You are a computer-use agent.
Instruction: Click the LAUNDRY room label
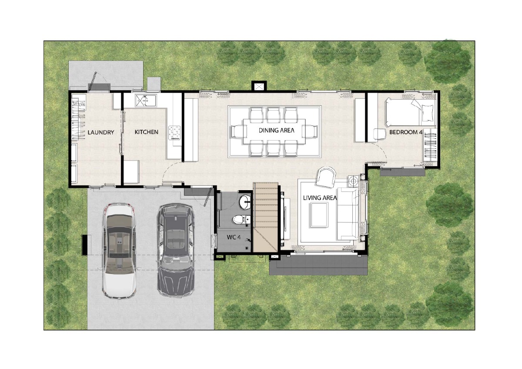[x=100, y=132]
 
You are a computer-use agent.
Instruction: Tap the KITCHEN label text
[x=146, y=132]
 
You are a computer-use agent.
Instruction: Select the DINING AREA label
[x=276, y=130]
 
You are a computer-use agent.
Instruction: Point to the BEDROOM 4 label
[x=406, y=132]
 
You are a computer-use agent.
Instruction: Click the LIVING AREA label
[x=320, y=198]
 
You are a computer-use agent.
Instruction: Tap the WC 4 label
[x=234, y=237]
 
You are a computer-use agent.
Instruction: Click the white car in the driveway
[x=119, y=251]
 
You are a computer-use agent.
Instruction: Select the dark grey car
[x=176, y=250]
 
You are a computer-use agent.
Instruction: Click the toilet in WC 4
[x=241, y=219]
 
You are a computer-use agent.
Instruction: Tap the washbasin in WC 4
[x=244, y=202]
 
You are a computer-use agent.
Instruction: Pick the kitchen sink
[x=146, y=101]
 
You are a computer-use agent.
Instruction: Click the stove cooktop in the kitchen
[x=175, y=133]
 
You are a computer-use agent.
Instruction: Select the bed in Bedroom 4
[x=411, y=111]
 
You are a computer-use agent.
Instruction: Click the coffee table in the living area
[x=318, y=215]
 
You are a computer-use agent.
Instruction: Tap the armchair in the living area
[x=326, y=177]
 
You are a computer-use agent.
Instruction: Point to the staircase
[x=266, y=217]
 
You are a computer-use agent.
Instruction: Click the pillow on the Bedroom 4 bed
[x=428, y=113]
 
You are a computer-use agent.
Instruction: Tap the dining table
[x=274, y=131]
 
